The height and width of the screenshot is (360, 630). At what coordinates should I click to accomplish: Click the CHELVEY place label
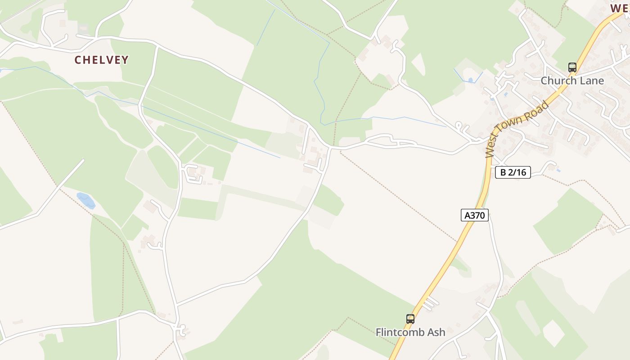[102, 60]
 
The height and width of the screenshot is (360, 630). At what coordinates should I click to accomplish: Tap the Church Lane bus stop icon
[572, 67]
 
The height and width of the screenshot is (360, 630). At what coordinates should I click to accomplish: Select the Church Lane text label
[572, 81]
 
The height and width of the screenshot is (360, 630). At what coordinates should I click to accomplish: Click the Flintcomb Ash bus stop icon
[410, 319]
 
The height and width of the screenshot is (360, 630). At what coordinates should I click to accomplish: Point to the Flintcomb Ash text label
[410, 333]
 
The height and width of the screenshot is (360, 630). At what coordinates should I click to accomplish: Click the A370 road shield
[475, 215]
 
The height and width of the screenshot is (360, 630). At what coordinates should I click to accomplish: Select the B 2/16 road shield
[513, 172]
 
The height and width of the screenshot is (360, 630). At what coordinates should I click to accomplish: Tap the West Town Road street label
[518, 129]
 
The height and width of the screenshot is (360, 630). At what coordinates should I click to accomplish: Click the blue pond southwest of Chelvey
[86, 200]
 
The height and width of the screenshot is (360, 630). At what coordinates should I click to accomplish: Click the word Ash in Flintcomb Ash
[436, 333]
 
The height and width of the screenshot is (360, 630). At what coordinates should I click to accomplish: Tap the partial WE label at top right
[619, 8]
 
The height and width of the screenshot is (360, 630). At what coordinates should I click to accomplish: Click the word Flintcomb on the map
[400, 333]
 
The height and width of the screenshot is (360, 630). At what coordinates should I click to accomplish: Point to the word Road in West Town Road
[539, 112]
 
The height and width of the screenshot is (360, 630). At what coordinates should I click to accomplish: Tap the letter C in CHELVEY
[78, 60]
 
